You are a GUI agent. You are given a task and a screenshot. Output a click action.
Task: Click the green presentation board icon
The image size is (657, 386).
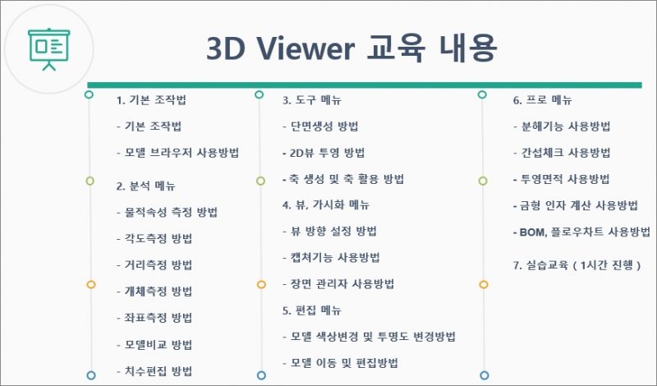click(49, 49)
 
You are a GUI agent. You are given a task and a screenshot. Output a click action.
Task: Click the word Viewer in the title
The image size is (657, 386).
click(306, 48)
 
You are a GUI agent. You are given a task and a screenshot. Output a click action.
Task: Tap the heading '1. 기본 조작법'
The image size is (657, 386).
click(151, 100)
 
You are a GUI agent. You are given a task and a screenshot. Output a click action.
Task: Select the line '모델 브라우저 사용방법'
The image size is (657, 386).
click(181, 153)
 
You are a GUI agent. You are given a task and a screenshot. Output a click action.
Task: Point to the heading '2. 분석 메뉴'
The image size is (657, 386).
click(146, 186)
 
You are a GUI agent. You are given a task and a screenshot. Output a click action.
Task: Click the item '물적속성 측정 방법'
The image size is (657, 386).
click(171, 212)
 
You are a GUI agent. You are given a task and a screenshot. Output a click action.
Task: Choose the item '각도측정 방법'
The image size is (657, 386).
click(159, 238)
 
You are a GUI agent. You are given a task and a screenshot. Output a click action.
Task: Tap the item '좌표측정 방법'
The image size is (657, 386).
click(159, 318)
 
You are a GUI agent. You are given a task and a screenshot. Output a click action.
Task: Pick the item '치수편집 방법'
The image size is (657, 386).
click(159, 371)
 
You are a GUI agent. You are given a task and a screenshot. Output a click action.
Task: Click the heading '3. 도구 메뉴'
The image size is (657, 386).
click(312, 100)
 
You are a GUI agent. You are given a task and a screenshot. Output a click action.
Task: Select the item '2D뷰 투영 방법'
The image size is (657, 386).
click(327, 153)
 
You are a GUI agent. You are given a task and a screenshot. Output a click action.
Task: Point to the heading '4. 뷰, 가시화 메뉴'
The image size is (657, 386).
click(326, 205)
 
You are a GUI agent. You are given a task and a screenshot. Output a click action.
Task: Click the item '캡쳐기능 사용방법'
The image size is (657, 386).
click(335, 257)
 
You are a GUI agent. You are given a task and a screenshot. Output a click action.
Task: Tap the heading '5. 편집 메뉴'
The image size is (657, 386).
click(312, 310)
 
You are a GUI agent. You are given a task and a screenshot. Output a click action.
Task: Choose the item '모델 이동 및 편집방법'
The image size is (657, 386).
click(344, 363)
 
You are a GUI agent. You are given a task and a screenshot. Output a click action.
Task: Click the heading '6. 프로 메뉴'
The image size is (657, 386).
click(543, 100)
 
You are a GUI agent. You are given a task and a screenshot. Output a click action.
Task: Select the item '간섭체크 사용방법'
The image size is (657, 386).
click(566, 153)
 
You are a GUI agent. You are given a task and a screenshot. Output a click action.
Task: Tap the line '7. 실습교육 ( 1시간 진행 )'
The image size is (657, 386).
click(577, 265)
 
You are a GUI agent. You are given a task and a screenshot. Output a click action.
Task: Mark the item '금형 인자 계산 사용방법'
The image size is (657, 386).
click(579, 205)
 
